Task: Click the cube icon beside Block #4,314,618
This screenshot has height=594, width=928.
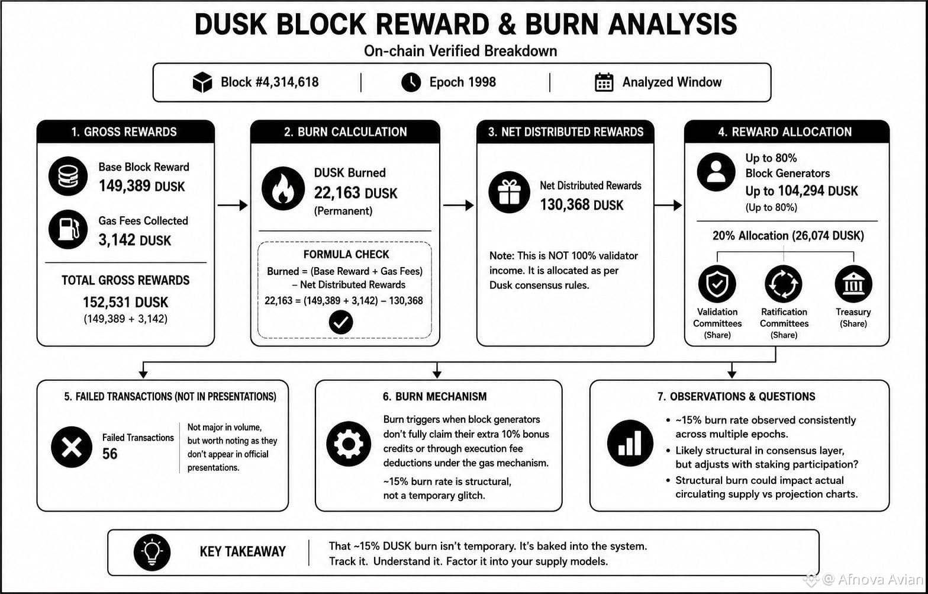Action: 202,82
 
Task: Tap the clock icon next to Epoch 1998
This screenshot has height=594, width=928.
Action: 411,82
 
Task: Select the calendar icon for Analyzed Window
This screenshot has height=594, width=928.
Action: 604,82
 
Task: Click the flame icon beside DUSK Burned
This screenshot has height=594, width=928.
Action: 283,188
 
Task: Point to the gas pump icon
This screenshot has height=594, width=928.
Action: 68,229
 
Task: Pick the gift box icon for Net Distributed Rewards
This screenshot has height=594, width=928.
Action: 509,192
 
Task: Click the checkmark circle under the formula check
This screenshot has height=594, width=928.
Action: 341,322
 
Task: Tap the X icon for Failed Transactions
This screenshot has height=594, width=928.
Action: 72,447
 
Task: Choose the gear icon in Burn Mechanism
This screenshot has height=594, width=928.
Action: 349,444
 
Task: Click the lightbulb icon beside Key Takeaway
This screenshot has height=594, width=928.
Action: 152,552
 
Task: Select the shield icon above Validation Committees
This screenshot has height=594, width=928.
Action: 717,284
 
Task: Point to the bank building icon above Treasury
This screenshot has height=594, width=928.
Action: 853,284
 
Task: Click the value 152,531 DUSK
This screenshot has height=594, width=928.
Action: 125,302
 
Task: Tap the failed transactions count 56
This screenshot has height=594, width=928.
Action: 110,454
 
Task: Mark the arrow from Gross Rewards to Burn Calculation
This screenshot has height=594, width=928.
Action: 233,205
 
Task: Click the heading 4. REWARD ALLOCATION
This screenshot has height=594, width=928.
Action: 785,132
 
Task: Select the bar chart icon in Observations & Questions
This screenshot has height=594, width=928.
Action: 630,443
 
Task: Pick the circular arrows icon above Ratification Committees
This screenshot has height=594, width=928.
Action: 784,284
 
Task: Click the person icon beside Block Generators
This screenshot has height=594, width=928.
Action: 716,172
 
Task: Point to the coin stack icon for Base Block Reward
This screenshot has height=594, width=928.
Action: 68,176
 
